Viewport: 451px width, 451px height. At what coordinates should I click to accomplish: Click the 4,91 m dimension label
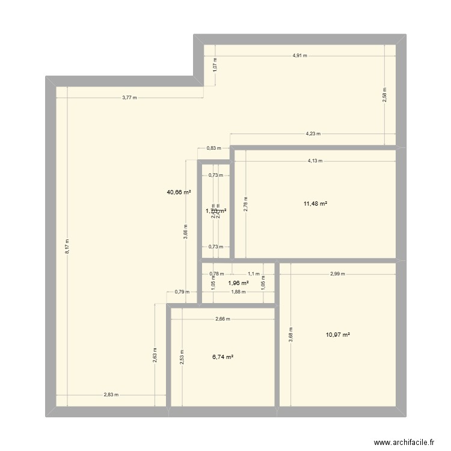pyautogui.click(x=299, y=55)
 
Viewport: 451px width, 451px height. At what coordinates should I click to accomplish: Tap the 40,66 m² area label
pyautogui.click(x=179, y=192)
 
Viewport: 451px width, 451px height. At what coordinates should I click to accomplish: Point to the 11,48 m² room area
pyautogui.click(x=315, y=204)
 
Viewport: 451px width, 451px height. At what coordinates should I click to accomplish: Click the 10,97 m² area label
pyautogui.click(x=338, y=335)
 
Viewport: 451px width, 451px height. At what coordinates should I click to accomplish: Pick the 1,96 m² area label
pyautogui.click(x=239, y=283)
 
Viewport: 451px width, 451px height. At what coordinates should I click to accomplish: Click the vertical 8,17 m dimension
pyautogui.click(x=67, y=246)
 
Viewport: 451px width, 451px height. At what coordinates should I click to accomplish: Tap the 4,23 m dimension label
pyautogui.click(x=313, y=134)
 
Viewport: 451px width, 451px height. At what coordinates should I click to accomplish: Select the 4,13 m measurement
pyautogui.click(x=314, y=161)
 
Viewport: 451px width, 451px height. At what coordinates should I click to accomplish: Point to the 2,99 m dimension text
pyautogui.click(x=337, y=274)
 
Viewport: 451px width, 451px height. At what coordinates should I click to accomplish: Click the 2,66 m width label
pyautogui.click(x=222, y=319)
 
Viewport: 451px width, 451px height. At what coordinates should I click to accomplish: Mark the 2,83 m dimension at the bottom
pyautogui.click(x=111, y=395)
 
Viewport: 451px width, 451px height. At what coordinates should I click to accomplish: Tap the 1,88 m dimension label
pyautogui.click(x=238, y=292)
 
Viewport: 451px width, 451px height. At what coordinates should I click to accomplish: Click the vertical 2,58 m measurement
pyautogui.click(x=385, y=96)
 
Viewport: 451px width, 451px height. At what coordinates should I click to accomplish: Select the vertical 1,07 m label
pyautogui.click(x=215, y=67)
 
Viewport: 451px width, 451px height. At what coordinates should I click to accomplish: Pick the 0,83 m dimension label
pyautogui.click(x=214, y=147)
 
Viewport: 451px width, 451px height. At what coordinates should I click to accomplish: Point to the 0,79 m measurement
pyautogui.click(x=182, y=292)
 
